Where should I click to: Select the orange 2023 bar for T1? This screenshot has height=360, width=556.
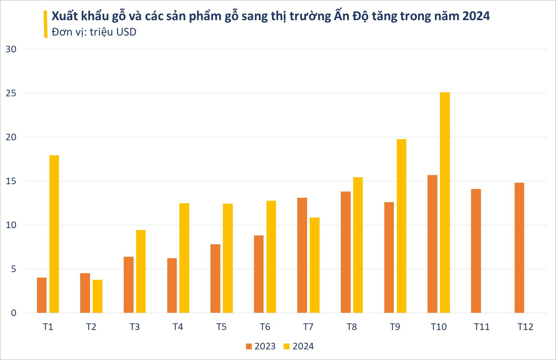coord(42,295)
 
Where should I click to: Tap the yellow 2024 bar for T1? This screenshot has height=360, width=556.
coord(54,234)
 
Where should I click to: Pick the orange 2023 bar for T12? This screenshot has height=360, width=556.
coord(519,248)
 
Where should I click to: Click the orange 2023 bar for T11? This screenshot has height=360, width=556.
coord(476,251)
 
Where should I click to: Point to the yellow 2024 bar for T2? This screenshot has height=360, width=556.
coord(97,296)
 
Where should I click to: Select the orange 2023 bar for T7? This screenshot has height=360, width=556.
coord(302,255)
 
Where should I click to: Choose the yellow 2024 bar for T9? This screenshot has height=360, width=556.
coord(401,226)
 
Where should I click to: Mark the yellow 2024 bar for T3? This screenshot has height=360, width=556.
coord(141,271)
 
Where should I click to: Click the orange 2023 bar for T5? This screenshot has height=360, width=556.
coord(215,278)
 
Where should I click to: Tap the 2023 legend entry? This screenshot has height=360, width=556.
coord(261,346)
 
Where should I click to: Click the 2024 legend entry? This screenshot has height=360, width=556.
coord(299,346)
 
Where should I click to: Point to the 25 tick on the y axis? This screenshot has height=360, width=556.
coord(11,93)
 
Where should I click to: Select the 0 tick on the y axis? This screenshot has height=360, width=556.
coord(14,313)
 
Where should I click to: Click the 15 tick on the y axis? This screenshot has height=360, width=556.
coord(11,181)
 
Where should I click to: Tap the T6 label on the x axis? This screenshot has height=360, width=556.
coord(265,327)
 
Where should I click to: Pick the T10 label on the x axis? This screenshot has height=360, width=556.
coord(439,327)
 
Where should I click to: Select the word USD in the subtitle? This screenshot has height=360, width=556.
coord(126,32)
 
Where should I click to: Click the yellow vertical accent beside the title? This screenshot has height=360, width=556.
coord(45,24)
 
